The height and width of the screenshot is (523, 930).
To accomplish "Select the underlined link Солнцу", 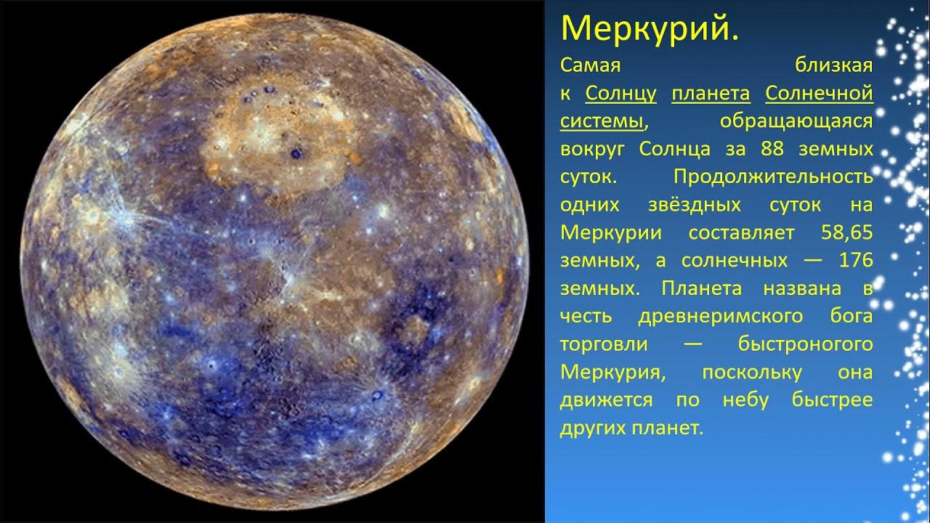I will point(620,94).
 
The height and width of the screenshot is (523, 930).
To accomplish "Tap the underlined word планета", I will point(711,94).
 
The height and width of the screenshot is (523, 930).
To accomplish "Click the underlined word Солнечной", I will point(819,94).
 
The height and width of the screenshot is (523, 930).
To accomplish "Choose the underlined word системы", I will point(602,121).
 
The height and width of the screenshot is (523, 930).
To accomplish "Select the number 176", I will point(855,260).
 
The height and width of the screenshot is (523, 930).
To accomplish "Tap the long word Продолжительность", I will point(773,177).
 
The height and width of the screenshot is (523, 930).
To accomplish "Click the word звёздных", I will point(694,205).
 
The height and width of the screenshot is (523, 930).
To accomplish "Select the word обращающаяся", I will point(796,121).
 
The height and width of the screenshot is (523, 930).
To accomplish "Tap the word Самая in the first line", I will point(591,66).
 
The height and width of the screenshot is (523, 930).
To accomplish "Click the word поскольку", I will point(751,372).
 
